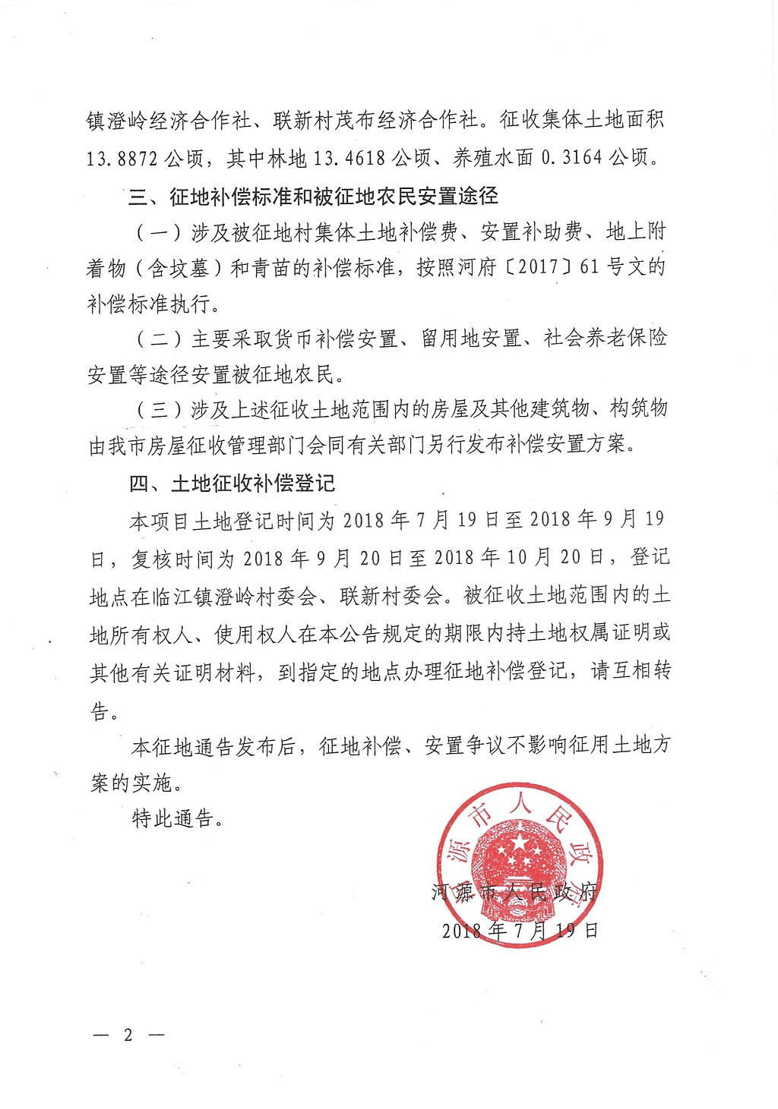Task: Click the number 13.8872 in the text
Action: [x=122, y=158]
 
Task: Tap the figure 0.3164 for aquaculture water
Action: [x=572, y=158]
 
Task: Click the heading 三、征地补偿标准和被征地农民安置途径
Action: [x=314, y=197]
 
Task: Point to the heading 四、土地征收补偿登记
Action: [x=232, y=484]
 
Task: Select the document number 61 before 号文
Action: [x=590, y=267]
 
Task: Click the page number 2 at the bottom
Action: [x=128, y=1035]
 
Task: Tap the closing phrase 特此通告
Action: [x=172, y=818]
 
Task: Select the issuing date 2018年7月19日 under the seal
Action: [x=520, y=930]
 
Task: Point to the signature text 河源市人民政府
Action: [x=515, y=892]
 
